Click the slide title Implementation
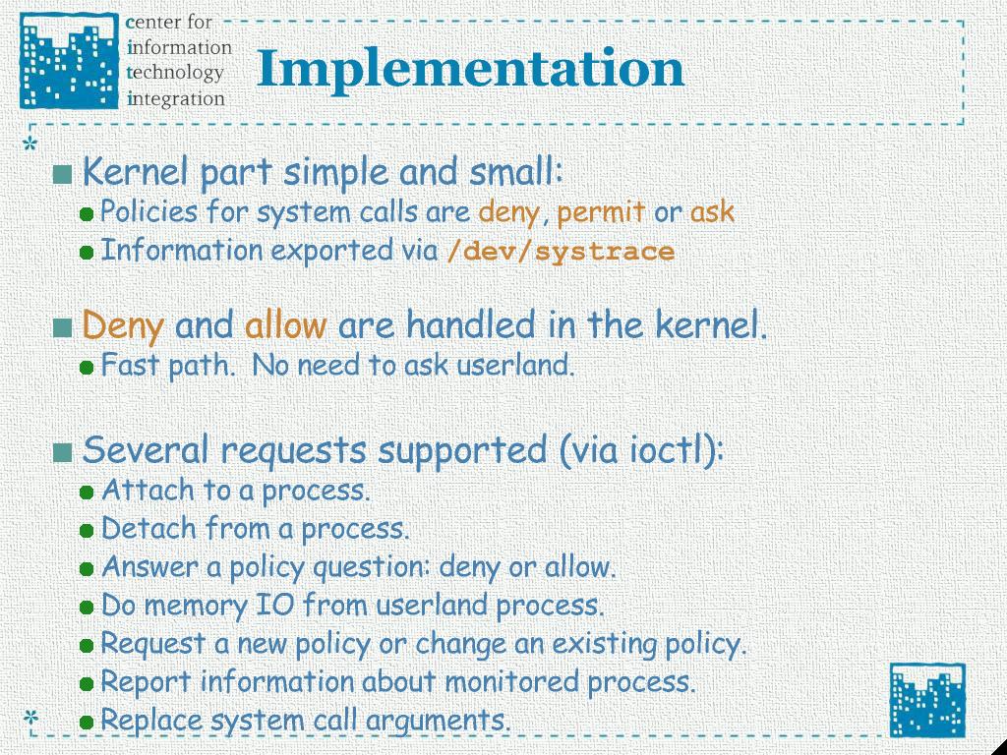[x=471, y=70]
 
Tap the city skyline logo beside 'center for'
[x=70, y=60]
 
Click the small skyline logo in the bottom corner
[x=926, y=700]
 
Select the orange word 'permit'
[x=601, y=212]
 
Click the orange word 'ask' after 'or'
[x=712, y=212]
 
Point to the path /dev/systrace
[x=560, y=251]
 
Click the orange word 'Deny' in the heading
[x=123, y=326]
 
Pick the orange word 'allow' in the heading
[x=285, y=324]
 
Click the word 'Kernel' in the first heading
[x=136, y=172]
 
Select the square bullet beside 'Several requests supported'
[x=62, y=452]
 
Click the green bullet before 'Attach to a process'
[x=87, y=494]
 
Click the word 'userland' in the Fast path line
[x=514, y=366]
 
